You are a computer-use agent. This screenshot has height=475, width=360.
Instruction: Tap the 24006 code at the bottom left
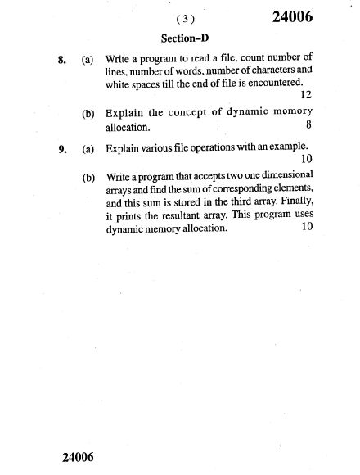click(x=80, y=456)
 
